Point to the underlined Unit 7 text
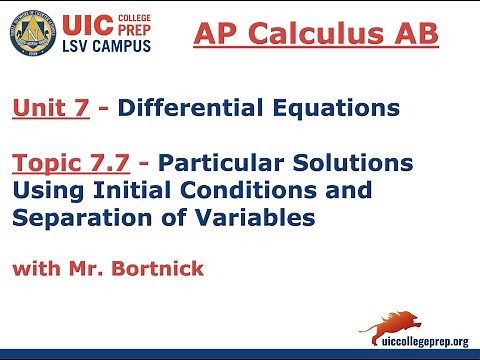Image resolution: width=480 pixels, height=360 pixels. [x=50, y=107]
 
